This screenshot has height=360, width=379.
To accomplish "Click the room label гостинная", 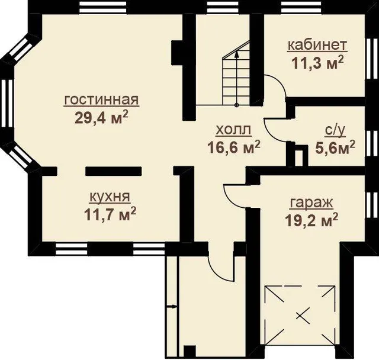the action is coord(101,100).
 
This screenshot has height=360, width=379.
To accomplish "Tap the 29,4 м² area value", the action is coord(101,117).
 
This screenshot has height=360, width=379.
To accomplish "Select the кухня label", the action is coord(110,197).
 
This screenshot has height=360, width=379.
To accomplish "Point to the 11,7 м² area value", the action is coord(110,214).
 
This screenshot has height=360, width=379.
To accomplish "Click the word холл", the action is coord(233,130).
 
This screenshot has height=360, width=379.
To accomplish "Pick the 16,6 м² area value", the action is coord(234,147).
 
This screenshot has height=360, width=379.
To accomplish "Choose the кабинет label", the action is coord(317,46).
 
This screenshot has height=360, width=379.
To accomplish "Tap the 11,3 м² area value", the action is coord(317,62).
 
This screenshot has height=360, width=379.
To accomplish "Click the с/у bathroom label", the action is coord(335,131).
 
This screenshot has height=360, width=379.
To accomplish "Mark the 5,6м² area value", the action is coord(335,147).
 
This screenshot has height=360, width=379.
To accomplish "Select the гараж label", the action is coord(311,204).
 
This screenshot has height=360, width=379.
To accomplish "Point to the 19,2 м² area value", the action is coord(311,220).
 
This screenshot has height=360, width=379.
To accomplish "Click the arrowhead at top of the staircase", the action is coord(237,54).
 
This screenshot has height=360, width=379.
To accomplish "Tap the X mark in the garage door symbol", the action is coord(303,315).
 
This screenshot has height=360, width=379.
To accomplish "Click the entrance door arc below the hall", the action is coord(216,272).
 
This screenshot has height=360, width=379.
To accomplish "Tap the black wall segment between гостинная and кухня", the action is coord(113,171).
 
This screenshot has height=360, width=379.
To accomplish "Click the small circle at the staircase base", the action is coord(237,105).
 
